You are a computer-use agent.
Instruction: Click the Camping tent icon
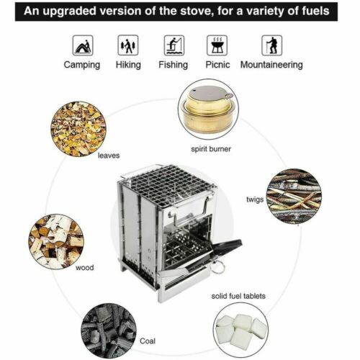[83, 45]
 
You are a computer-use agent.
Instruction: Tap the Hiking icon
[128, 45]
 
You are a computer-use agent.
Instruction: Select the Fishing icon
[173, 45]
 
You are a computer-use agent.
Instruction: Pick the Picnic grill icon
[217, 45]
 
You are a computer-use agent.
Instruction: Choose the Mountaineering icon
[271, 45]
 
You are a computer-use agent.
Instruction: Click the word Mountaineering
[271, 65]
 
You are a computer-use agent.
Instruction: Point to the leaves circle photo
[79, 127]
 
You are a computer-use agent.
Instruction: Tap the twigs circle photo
[294, 196]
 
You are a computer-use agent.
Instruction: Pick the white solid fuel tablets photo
[242, 330]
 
